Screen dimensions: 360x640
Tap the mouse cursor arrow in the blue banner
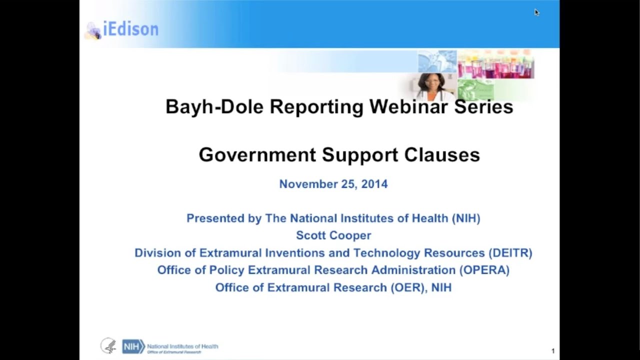(x=536, y=12)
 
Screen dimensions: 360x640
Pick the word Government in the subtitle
(x=257, y=154)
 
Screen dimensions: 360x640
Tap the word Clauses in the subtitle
(x=442, y=154)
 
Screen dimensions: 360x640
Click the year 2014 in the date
(x=374, y=184)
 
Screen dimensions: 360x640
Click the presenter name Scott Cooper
(x=333, y=235)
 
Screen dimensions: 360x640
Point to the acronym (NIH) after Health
(x=466, y=218)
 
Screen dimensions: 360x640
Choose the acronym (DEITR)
(x=510, y=253)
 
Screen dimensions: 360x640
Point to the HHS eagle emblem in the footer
(x=108, y=346)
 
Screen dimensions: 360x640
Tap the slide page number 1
(x=553, y=351)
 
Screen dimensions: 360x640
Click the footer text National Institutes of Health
(x=182, y=346)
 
